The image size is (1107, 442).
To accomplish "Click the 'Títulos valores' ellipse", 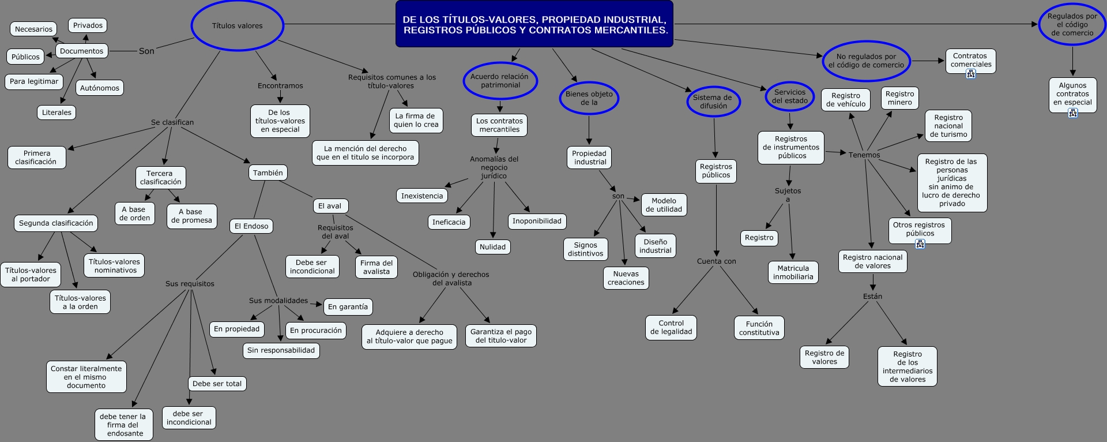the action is [237, 25].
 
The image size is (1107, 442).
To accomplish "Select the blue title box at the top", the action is [534, 24].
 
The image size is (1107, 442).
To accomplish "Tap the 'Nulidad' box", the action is [492, 247].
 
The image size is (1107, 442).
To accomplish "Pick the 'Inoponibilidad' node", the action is [537, 221].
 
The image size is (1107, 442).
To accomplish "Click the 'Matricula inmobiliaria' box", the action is [793, 272].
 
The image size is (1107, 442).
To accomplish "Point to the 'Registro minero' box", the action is [900, 98].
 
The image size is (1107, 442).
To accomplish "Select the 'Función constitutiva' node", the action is [759, 328].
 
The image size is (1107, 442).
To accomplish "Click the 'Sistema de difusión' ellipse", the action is [713, 102].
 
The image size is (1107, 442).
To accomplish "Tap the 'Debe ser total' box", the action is [217, 384].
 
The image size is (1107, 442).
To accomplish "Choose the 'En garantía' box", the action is [348, 307].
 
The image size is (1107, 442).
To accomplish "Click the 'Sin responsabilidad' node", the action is [281, 350].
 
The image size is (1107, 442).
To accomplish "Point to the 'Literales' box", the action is [57, 113].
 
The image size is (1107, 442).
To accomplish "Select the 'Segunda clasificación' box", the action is [56, 223].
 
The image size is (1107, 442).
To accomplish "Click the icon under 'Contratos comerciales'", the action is [971, 74].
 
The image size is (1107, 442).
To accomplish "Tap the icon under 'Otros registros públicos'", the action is [920, 244].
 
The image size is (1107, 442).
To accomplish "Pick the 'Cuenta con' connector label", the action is [717, 261].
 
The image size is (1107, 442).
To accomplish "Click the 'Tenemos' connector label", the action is [864, 155].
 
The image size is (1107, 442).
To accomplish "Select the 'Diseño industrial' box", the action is [656, 246].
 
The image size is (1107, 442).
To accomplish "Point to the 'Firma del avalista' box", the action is [376, 267].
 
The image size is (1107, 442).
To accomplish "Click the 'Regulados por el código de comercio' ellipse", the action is [1072, 24].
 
